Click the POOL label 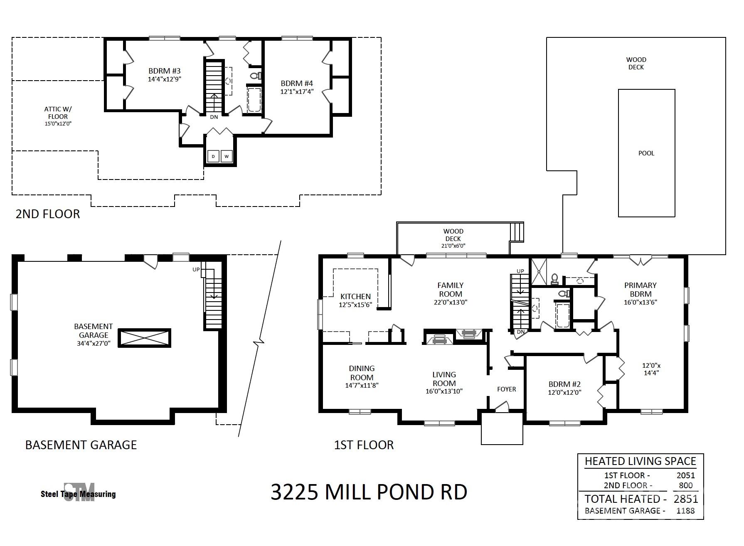(x=646, y=153)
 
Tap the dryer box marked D (x=213, y=156)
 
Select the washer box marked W (x=227, y=156)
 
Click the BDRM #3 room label (x=165, y=71)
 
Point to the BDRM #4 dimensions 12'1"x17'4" (x=297, y=91)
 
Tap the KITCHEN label (x=355, y=296)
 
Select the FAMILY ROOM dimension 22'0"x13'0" (x=451, y=302)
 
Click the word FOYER (x=507, y=389)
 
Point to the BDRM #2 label (x=564, y=384)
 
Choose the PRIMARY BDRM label (x=641, y=290)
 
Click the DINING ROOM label (x=362, y=373)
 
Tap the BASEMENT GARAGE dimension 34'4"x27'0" (x=94, y=343)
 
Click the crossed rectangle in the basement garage (x=144, y=338)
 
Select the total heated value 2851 (x=686, y=499)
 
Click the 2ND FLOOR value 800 (x=686, y=485)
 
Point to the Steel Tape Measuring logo (x=79, y=493)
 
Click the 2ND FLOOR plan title (x=48, y=214)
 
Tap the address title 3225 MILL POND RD (x=369, y=492)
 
